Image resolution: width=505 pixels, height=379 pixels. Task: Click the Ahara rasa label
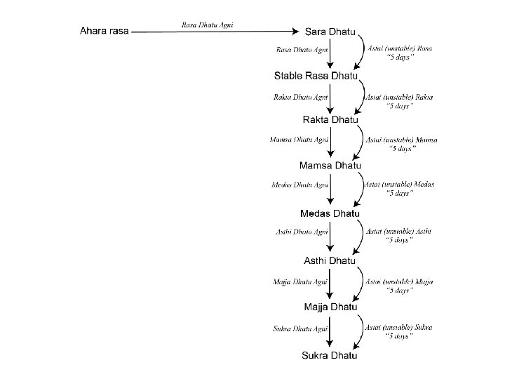coord(105,31)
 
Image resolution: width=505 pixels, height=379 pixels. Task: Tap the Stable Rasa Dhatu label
coord(316,75)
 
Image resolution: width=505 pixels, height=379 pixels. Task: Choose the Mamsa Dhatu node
coord(330,166)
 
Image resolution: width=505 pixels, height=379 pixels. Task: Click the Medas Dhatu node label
coord(330,213)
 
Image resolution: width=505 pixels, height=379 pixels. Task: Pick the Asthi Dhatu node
coord(330,260)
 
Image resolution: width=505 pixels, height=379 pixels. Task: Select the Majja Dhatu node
coord(330,307)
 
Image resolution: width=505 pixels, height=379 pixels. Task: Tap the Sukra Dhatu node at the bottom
coord(330,355)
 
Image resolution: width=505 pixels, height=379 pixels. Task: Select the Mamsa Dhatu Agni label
coord(299,140)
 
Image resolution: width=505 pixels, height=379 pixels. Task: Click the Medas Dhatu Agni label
coord(299,185)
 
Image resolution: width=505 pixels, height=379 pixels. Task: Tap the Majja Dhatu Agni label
coord(300,281)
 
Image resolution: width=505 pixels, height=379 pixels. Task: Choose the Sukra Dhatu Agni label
coord(300,328)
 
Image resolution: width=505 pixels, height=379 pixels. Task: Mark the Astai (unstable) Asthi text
coord(399,231)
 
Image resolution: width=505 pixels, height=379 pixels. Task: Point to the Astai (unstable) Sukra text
coord(399,327)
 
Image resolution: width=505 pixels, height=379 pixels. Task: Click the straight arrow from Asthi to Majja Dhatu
coord(330,284)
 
